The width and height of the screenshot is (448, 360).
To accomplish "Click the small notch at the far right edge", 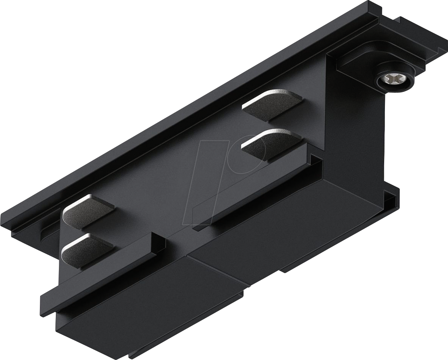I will tap(391, 197).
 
